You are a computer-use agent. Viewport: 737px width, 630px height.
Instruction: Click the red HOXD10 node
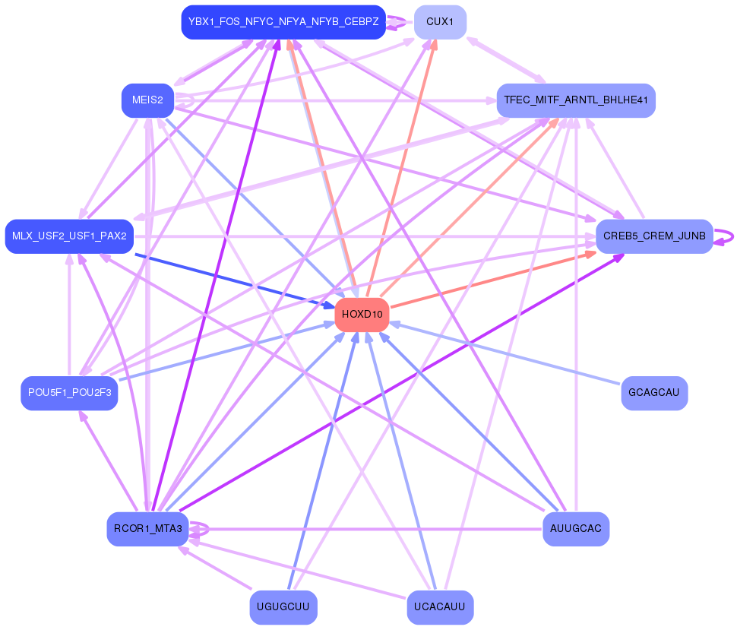point(362,315)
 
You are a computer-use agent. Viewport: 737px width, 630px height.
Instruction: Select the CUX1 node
point(440,22)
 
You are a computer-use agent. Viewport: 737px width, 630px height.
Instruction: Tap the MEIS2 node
point(147,100)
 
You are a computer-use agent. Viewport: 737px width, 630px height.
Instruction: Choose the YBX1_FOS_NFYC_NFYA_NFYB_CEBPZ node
point(283,22)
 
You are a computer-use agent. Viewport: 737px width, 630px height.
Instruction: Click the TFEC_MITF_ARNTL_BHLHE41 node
point(576,100)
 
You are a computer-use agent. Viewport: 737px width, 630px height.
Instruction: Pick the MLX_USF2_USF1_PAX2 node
point(70,236)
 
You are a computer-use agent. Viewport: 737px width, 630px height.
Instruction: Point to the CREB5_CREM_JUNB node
point(654,236)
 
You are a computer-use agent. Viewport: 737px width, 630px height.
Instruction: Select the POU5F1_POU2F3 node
point(70,393)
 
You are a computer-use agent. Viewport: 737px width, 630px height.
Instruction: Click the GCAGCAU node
point(654,393)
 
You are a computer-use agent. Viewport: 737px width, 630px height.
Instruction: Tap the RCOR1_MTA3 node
point(147,529)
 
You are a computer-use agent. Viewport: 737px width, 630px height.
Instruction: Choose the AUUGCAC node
point(576,529)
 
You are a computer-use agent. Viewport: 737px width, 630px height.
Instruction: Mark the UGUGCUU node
point(283,607)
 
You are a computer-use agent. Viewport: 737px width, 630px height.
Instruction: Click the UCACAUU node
point(440,607)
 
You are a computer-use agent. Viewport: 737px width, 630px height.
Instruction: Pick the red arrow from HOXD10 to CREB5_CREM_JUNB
point(493,280)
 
